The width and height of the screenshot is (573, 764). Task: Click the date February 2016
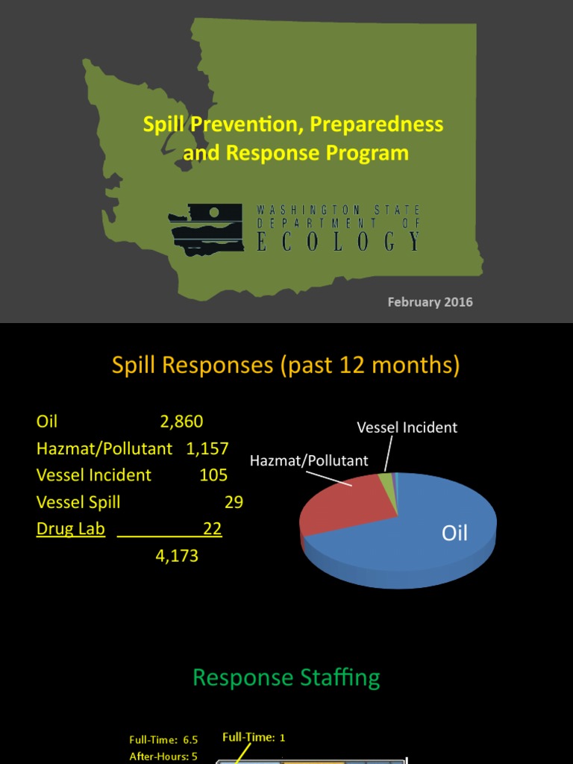(x=430, y=302)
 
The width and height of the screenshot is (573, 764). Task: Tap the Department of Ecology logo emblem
(x=206, y=230)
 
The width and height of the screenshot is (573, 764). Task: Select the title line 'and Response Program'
(x=295, y=153)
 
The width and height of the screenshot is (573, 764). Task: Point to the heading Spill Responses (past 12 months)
(x=286, y=365)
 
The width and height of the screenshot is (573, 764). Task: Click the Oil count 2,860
(x=181, y=422)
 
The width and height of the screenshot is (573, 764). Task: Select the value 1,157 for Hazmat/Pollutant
(x=207, y=448)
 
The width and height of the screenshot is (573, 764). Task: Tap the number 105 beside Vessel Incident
(x=213, y=475)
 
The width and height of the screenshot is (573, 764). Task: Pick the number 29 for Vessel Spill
(x=234, y=502)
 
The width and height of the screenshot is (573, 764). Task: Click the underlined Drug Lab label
(x=71, y=529)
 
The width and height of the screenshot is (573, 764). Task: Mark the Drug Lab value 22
(x=213, y=529)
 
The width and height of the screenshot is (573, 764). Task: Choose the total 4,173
(x=177, y=556)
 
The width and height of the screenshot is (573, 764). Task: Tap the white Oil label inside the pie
(x=454, y=533)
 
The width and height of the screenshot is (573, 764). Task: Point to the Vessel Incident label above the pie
(x=407, y=428)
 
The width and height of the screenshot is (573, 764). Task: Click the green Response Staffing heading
(x=286, y=677)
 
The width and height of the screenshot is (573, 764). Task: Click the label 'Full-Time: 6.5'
(x=163, y=740)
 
